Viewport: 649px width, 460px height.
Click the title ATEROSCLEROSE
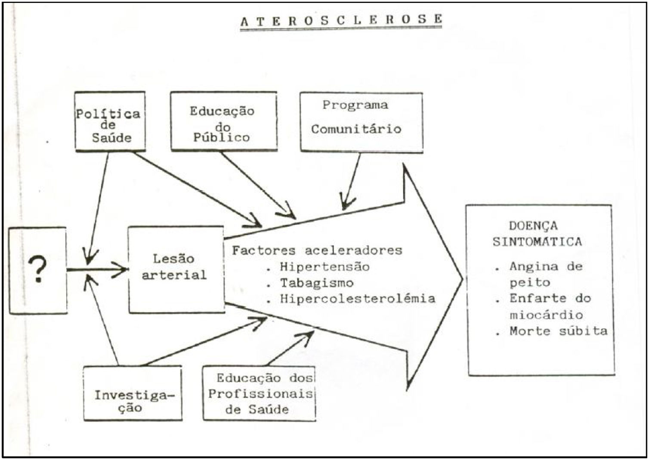pyautogui.click(x=341, y=20)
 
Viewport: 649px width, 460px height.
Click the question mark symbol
pyautogui.click(x=38, y=269)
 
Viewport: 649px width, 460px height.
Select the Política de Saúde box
pyautogui.click(x=110, y=121)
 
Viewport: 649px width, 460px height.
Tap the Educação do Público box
pyautogui.click(x=223, y=121)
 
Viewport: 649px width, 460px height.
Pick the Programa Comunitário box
pyautogui.click(x=361, y=122)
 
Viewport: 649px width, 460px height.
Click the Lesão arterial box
pyautogui.click(x=176, y=269)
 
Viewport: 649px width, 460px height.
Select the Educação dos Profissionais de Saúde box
pyautogui.click(x=259, y=393)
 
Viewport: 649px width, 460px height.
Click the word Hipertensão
pyautogui.click(x=324, y=267)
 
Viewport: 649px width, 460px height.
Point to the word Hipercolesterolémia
pyautogui.click(x=357, y=299)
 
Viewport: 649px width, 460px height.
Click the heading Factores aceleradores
pyautogui.click(x=317, y=250)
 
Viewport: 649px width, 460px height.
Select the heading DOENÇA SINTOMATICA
pyautogui.click(x=537, y=234)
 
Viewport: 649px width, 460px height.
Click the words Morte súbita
pyautogui.click(x=558, y=331)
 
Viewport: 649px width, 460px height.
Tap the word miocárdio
pyautogui.click(x=546, y=315)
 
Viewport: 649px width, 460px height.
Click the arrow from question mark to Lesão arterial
pyautogui.click(x=97, y=270)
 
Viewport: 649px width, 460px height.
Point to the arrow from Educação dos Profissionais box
pyautogui.click(x=290, y=349)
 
